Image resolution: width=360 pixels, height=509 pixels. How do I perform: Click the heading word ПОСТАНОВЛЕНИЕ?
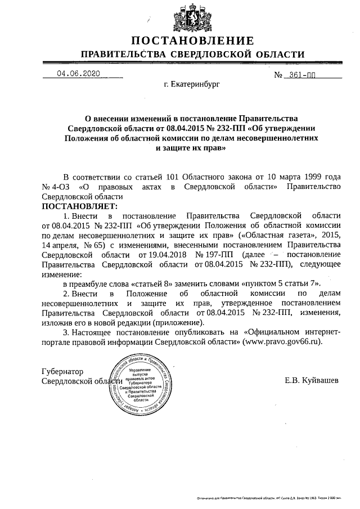tap(192, 40)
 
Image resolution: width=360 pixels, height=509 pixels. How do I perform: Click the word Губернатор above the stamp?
tap(63, 372)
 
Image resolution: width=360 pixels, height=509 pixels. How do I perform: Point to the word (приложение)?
tap(177, 322)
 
